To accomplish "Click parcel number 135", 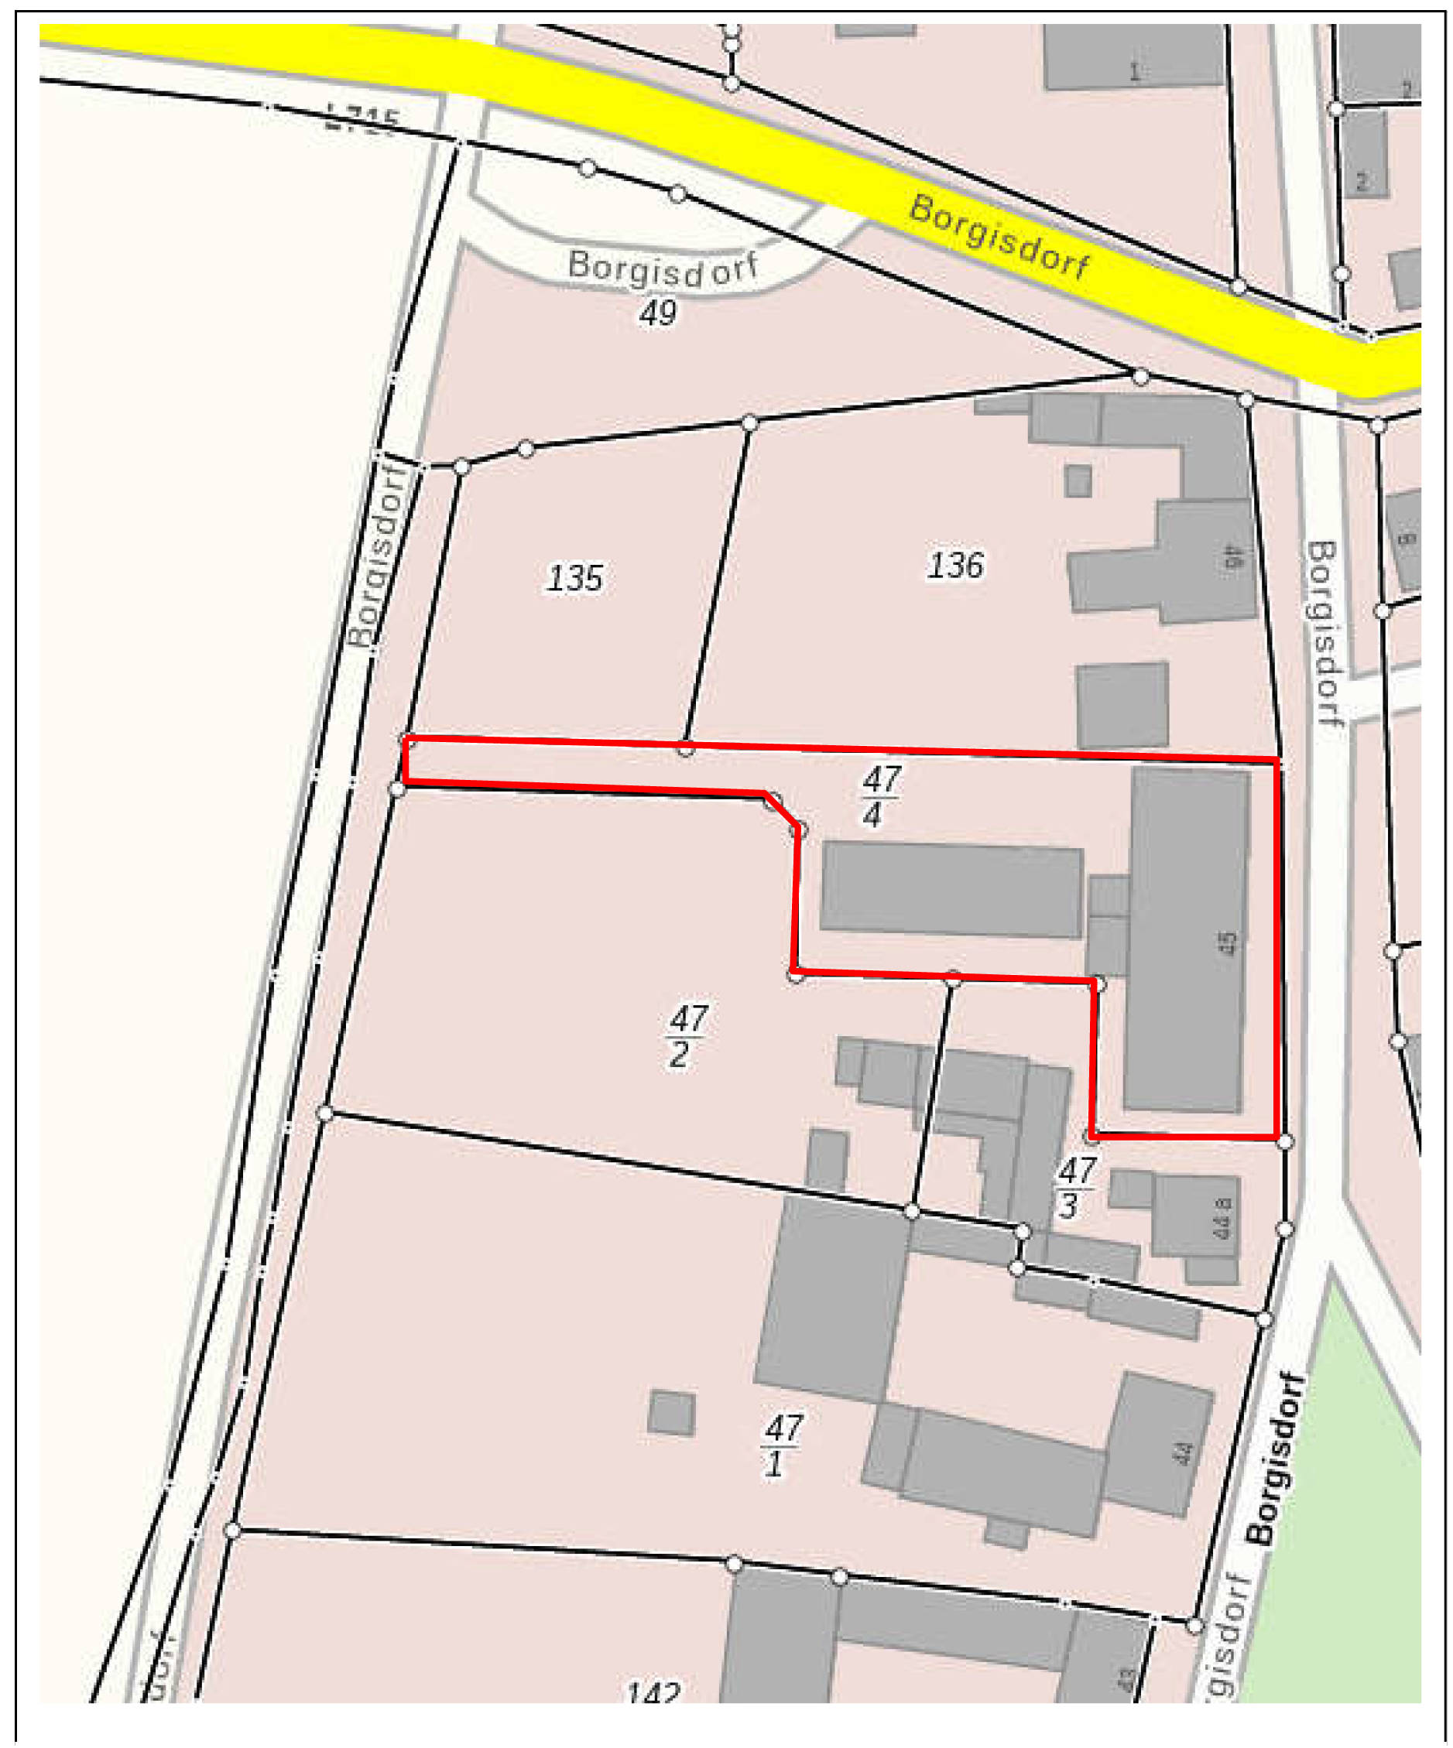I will [x=574, y=578].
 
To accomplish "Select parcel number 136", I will [x=955, y=566].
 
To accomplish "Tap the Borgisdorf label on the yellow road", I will [x=999, y=238].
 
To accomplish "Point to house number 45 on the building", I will [x=1226, y=942].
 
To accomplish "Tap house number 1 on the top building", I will [x=1133, y=73].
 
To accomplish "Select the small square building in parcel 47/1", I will [x=671, y=1412].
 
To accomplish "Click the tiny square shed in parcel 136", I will [x=1078, y=481].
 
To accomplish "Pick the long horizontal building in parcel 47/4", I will [x=951, y=890].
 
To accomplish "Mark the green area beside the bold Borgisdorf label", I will [x=1349, y=1498].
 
